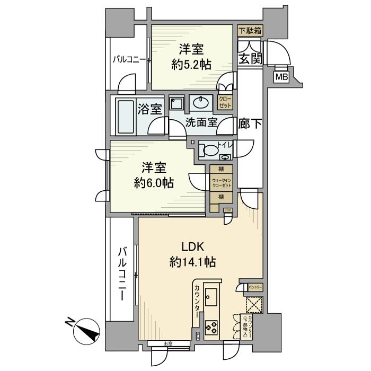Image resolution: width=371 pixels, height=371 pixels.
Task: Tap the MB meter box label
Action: tap(280, 77)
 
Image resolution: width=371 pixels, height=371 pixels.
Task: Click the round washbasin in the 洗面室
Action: tap(201, 102)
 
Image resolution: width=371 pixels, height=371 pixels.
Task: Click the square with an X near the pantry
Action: tap(253, 304)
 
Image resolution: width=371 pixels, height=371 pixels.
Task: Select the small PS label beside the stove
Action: tap(198, 335)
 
